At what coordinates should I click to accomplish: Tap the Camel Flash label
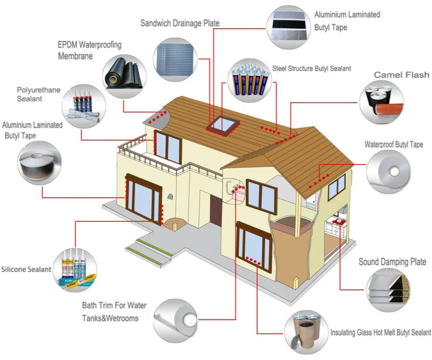(401, 74)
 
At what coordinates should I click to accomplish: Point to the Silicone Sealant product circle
(75, 270)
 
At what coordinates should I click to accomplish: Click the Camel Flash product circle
(382, 102)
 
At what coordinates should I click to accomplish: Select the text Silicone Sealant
(26, 269)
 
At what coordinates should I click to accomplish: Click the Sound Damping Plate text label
(392, 262)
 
